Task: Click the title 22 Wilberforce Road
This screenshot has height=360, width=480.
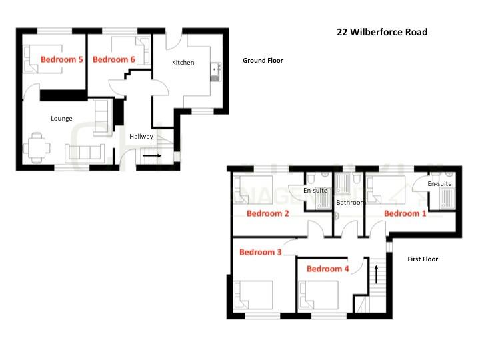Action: [382, 32]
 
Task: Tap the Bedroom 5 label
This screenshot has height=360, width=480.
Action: [62, 59]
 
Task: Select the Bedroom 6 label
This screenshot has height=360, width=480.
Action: [114, 59]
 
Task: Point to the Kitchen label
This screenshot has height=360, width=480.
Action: [183, 63]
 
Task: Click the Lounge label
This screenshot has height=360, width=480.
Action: [61, 119]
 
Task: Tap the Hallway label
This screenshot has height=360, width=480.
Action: [141, 137]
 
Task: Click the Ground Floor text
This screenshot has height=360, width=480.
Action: [263, 60]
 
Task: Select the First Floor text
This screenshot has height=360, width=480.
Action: [423, 259]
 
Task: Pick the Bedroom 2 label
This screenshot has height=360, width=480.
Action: [268, 213]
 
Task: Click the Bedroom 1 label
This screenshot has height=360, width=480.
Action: [405, 213]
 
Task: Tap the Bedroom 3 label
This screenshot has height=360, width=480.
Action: [261, 252]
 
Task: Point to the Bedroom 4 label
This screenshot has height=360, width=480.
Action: [327, 269]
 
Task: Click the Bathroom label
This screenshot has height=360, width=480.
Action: [350, 202]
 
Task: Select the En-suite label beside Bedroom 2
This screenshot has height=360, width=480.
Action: [316, 191]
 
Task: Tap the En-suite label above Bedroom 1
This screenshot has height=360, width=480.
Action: [439, 183]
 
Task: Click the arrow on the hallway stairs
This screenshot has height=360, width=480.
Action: [153, 155]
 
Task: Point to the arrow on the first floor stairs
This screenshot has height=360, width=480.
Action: [376, 273]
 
